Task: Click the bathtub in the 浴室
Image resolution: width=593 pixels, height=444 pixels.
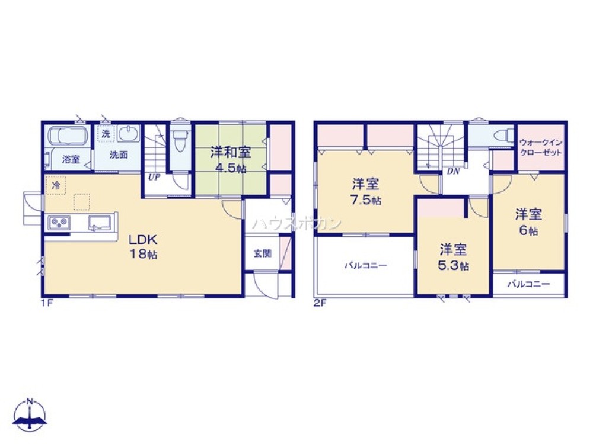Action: pyautogui.click(x=68, y=135)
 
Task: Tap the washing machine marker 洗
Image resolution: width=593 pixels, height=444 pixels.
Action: pyautogui.click(x=106, y=134)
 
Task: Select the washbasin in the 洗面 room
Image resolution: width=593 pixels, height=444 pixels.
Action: pyautogui.click(x=128, y=134)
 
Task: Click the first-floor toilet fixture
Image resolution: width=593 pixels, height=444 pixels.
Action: pyautogui.click(x=180, y=139)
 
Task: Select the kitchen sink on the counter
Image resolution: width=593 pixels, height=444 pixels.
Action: pyautogui.click(x=100, y=223)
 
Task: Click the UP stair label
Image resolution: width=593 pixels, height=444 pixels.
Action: pyautogui.click(x=154, y=176)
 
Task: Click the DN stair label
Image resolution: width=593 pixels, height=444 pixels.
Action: pyautogui.click(x=453, y=172)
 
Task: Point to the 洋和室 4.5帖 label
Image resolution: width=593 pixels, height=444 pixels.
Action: pyautogui.click(x=231, y=160)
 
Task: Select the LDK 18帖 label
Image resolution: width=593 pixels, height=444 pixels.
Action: pyautogui.click(x=142, y=246)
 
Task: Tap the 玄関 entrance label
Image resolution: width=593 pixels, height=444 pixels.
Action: pyautogui.click(x=263, y=253)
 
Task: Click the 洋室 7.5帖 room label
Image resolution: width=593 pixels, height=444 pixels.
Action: pyautogui.click(x=366, y=192)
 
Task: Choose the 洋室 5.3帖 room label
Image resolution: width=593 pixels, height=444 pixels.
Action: pyautogui.click(x=453, y=258)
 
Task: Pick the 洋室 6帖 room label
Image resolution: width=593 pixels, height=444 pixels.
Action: pyautogui.click(x=528, y=222)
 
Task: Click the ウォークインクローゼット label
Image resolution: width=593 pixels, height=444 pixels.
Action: pyautogui.click(x=541, y=147)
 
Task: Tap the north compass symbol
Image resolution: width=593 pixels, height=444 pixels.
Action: pyautogui.click(x=30, y=414)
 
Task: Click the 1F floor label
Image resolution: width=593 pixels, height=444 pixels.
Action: pyautogui.click(x=47, y=303)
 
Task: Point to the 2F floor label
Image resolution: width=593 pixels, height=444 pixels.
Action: pyautogui.click(x=320, y=303)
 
